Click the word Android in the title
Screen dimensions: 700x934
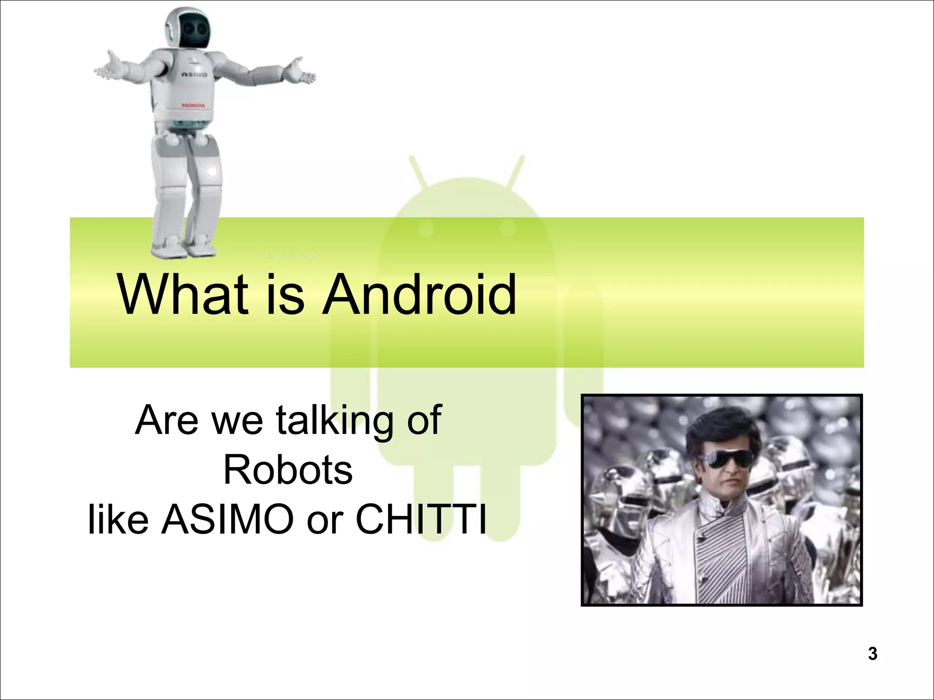420,295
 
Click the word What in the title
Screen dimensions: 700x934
182,295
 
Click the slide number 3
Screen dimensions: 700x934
872,654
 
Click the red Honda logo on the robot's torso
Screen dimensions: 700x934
193,105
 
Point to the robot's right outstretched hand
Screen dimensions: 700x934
299,73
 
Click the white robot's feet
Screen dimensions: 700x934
182,248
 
